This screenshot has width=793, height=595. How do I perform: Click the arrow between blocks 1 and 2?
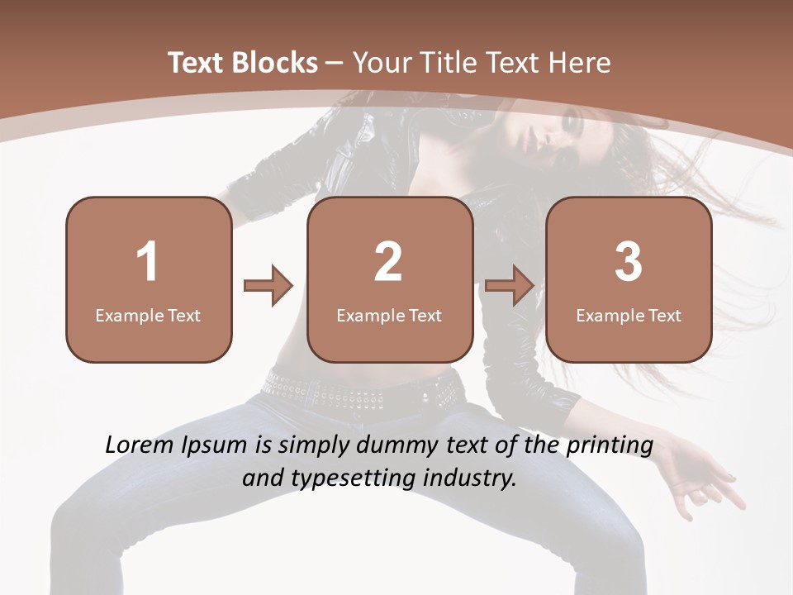click(x=268, y=286)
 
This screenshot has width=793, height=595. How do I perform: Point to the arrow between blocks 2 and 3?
click(x=509, y=286)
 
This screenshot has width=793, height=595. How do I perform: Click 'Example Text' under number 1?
click(x=148, y=315)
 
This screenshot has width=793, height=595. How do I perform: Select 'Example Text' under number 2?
click(x=389, y=315)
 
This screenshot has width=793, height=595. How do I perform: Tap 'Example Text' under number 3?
click(x=629, y=315)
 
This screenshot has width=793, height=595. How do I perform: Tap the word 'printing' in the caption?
click(x=609, y=446)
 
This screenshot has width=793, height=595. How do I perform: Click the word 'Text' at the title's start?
click(x=197, y=62)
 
